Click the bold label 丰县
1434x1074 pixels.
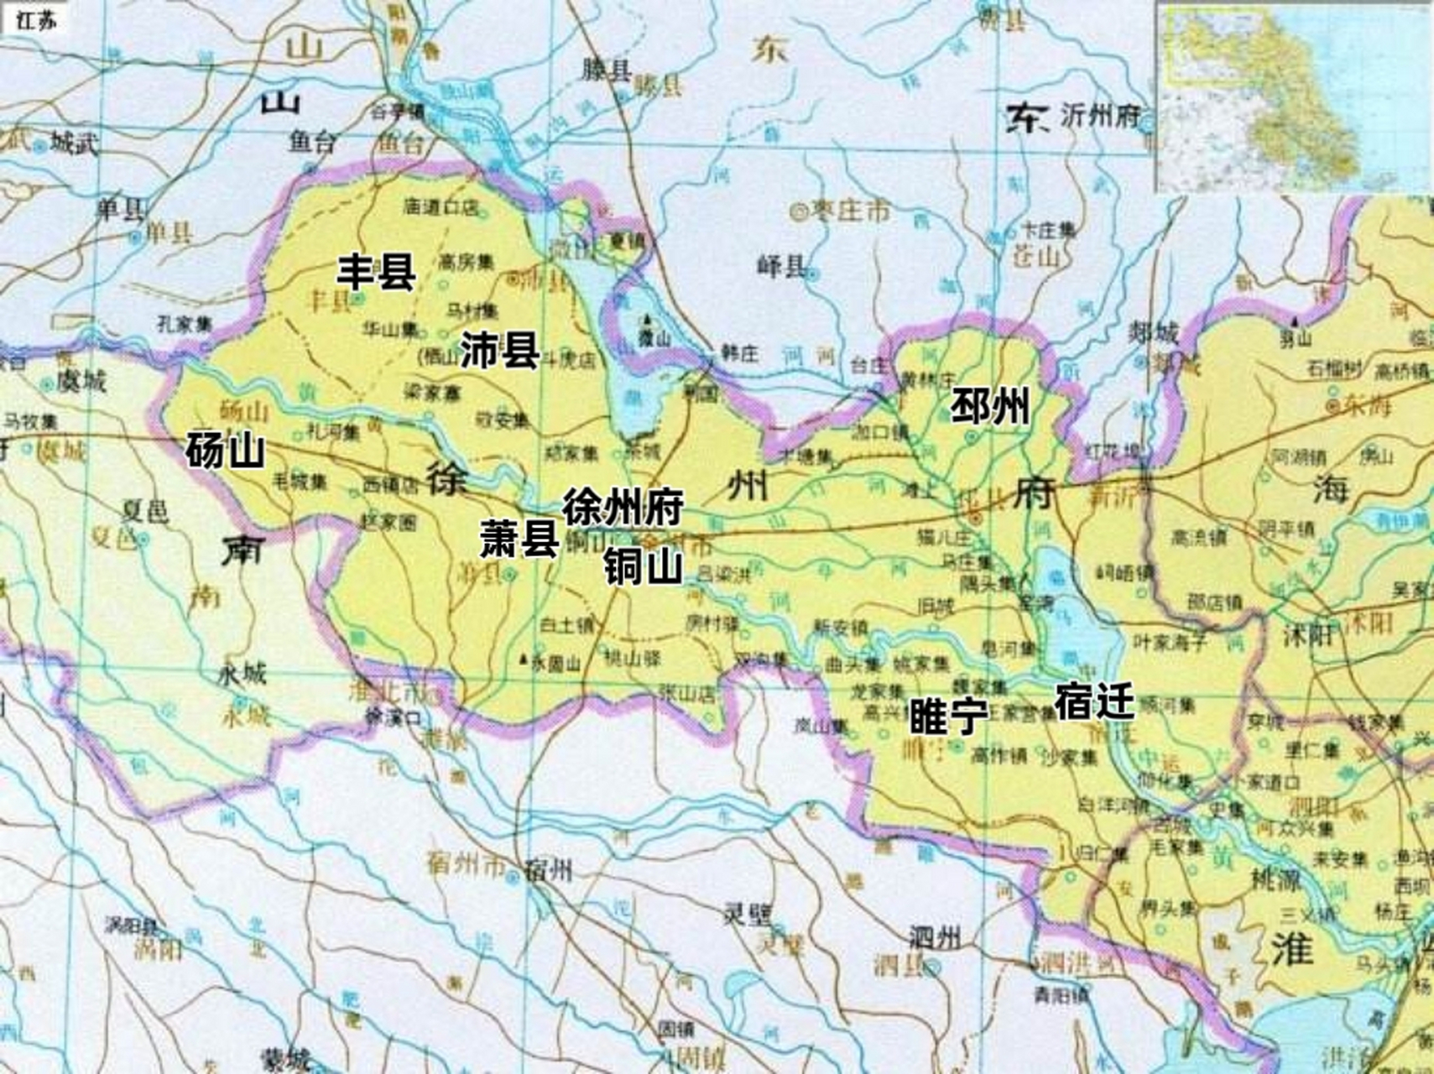(376, 272)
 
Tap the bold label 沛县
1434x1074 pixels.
(499, 349)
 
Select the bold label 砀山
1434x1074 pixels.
(225, 451)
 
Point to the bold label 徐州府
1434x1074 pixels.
(623, 508)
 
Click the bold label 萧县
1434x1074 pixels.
(519, 539)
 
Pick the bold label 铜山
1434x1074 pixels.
(643, 567)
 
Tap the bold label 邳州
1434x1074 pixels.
(989, 407)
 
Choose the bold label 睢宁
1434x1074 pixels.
(949, 716)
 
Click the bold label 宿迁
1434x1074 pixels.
(1094, 701)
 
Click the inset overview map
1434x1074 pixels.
(1295, 96)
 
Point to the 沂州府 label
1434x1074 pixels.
(1099, 116)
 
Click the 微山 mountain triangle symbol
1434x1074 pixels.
(646, 320)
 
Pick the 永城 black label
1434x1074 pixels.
(242, 674)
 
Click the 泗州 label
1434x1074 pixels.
(934, 937)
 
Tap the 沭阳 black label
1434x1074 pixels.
(1308, 635)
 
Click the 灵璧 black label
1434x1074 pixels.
(748, 914)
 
